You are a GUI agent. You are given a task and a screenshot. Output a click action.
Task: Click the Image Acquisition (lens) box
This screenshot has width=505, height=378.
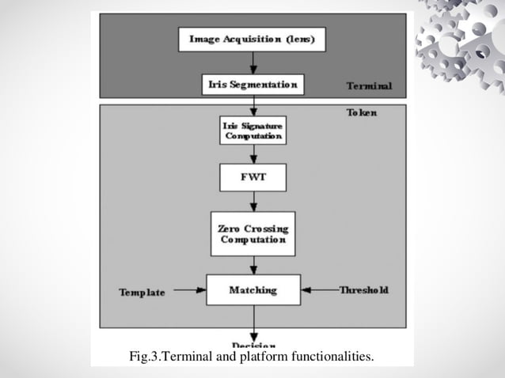pos(252,40)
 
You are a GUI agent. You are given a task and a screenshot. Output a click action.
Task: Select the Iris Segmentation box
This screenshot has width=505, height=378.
pos(252,85)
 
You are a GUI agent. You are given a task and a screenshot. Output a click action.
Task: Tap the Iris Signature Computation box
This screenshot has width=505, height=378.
pos(252,130)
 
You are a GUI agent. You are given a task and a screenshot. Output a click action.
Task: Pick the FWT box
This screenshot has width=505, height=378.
pos(252,177)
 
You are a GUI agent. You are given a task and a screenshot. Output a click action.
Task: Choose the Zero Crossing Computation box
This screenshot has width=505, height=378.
pos(252,233)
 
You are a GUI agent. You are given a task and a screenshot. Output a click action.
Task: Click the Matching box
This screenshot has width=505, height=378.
pos(252,290)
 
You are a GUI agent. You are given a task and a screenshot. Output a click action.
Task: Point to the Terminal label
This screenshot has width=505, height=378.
pos(369,85)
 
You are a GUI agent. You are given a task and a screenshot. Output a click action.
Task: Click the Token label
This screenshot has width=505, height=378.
pos(362,113)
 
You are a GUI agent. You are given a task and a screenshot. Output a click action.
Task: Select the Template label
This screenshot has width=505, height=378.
pos(142,292)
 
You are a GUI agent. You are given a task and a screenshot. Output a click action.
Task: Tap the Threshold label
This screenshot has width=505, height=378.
pos(364,290)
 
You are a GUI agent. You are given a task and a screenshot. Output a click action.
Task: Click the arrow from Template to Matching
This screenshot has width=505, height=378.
pos(189,290)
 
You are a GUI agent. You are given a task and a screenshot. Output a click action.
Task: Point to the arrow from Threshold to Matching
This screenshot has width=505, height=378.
pos(319,290)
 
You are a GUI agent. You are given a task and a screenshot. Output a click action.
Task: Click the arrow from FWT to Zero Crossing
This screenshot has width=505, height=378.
pos(252,201)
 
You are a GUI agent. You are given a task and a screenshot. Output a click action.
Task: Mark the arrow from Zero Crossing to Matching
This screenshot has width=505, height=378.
pos(252,265)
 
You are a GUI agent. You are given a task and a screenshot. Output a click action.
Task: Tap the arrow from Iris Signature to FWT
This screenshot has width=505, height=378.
pos(252,153)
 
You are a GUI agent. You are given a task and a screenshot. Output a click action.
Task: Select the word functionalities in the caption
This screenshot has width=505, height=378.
pos(332,358)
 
